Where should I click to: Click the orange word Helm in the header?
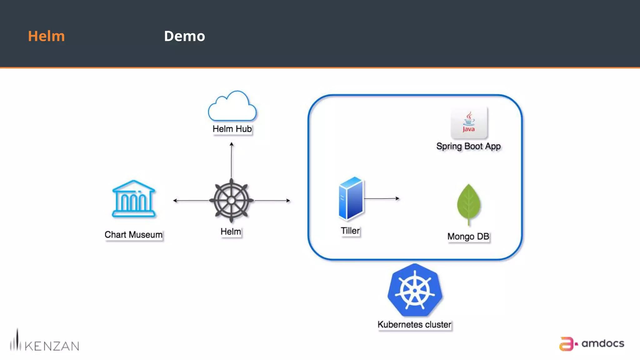[x=46, y=36]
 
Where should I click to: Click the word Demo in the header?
[x=184, y=36]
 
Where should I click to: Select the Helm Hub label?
[x=232, y=129]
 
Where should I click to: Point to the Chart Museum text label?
[x=133, y=235]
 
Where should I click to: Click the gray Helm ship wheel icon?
[x=231, y=200]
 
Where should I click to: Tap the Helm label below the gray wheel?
[x=231, y=232]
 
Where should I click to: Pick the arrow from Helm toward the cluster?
[x=272, y=200]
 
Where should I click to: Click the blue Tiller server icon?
[x=351, y=198]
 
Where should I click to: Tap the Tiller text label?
[x=350, y=231]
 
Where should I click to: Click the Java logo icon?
[x=469, y=122]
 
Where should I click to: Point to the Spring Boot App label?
[x=468, y=146]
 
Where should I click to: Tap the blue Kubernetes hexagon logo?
[x=415, y=290]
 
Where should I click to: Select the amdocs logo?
[x=591, y=343]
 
